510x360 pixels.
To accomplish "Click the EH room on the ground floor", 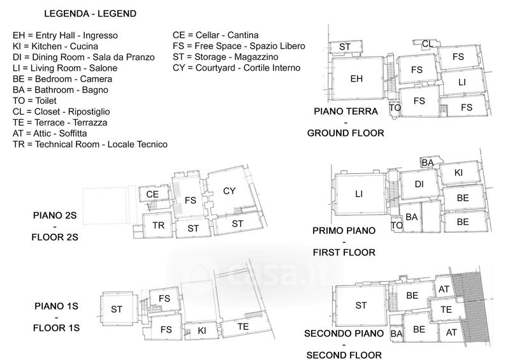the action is [357, 78].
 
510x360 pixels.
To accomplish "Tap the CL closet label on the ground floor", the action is [426, 43].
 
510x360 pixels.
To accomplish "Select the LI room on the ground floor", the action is [462, 82].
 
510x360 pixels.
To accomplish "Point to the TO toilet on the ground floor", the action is [395, 108].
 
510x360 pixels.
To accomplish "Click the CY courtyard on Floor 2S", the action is [229, 191].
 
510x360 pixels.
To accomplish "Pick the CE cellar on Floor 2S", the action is [152, 194].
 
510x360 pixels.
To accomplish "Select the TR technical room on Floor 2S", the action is [158, 225].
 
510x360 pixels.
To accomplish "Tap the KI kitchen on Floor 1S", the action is [201, 331].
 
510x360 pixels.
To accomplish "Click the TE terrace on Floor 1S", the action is [244, 327].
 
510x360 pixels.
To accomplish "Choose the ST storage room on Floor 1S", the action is [117, 309].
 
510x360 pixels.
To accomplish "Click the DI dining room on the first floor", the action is [419, 184].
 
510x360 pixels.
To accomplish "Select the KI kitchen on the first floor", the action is [458, 173].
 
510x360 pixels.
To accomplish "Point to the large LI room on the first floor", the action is [359, 194].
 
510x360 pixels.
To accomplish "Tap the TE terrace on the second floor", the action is [446, 310].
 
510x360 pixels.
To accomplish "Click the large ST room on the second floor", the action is [361, 305].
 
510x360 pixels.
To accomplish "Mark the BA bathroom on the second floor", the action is [396, 334].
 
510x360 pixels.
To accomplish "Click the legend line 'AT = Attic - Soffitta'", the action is [50, 133].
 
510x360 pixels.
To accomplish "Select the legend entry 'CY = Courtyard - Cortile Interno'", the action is [237, 68].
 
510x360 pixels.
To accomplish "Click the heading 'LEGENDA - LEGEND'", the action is [90, 13].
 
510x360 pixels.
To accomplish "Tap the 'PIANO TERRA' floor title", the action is [346, 112].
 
